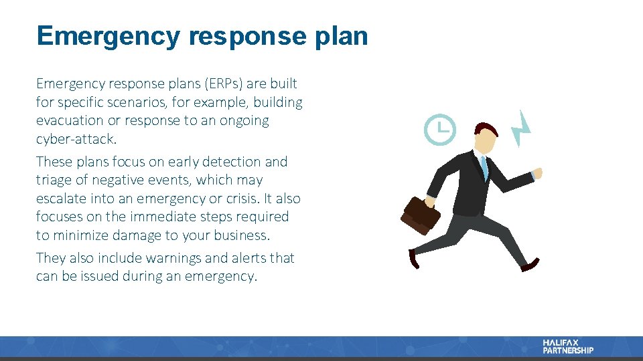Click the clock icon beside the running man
(x=439, y=130)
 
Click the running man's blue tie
(x=484, y=166)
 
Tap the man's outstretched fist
(x=537, y=173)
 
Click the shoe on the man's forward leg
(x=530, y=266)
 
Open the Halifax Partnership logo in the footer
(x=567, y=346)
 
